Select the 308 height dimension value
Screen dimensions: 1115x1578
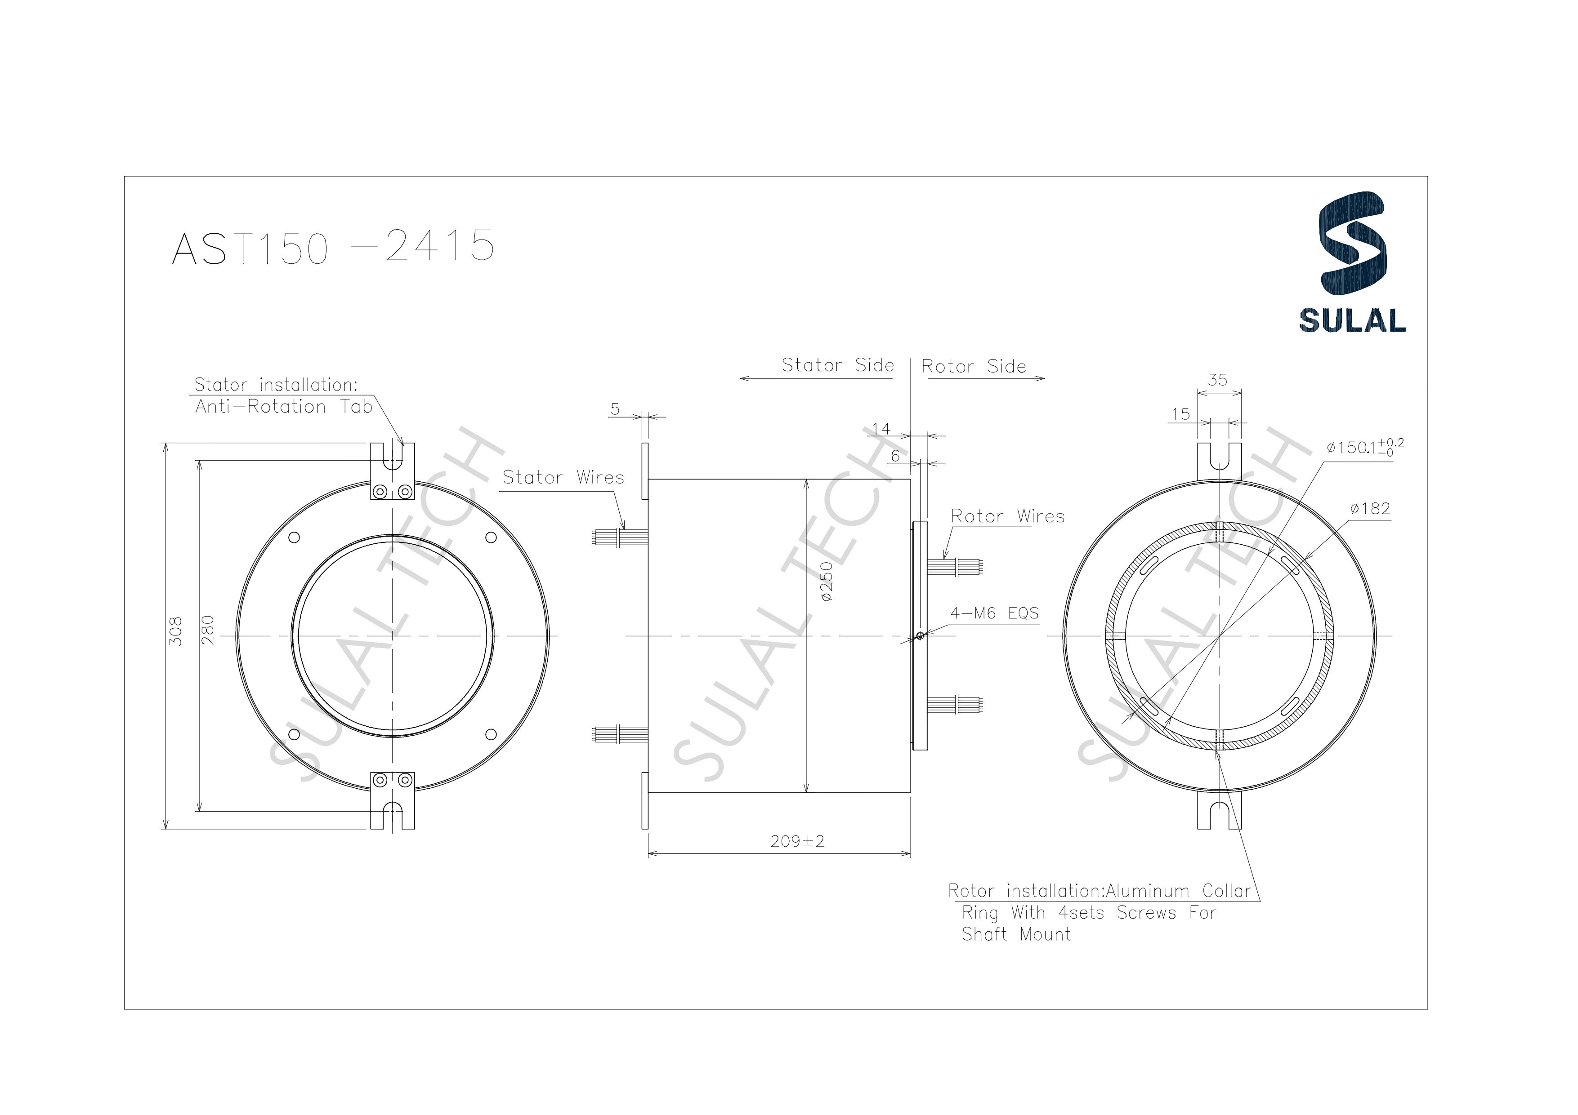176,630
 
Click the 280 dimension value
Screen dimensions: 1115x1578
208,630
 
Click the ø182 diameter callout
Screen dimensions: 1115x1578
1370,508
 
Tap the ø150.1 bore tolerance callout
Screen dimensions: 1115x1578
1364,447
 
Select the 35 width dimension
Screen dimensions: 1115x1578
1217,380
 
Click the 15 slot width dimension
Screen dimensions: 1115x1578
1180,414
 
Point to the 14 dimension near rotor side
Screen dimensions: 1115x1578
881,429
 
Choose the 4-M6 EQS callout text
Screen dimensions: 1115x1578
994,613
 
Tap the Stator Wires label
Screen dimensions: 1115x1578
563,477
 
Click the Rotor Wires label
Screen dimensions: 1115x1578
1008,517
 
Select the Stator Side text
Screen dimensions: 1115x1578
838,365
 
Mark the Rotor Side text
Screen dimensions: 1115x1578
973,367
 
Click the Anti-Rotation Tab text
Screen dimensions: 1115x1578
283,407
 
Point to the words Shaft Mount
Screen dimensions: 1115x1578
1016,934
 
